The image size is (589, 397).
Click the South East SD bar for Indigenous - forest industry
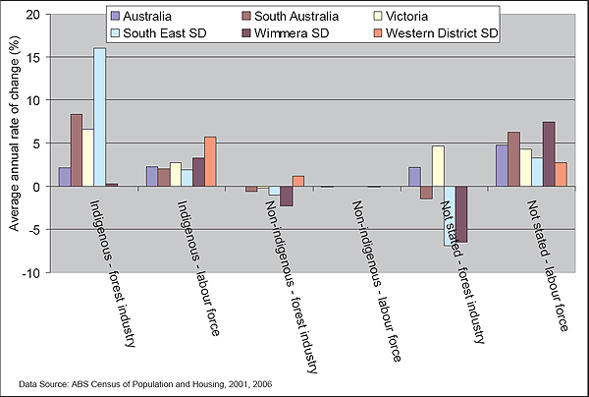pyautogui.click(x=99, y=117)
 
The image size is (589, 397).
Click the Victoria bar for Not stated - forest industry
pyautogui.click(x=438, y=166)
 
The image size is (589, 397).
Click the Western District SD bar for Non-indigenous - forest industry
pyautogui.click(x=298, y=181)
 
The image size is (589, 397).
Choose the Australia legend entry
pyautogui.click(x=151, y=17)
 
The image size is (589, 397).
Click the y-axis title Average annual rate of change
pyautogui.click(x=14, y=143)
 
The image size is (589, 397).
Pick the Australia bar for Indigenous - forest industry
pyautogui.click(x=64, y=177)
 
